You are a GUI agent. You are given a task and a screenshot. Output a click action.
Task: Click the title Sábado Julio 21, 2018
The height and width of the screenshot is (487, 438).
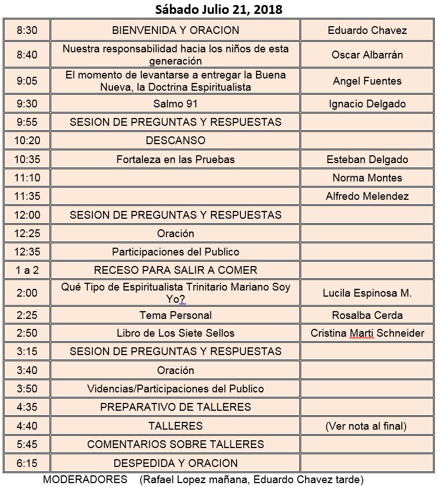219,9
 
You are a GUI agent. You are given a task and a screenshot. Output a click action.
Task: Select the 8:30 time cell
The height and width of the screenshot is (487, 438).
27,31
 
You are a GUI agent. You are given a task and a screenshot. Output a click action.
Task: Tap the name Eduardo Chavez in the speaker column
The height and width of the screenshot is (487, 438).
367,31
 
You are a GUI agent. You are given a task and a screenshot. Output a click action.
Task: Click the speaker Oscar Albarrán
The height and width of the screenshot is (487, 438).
367,55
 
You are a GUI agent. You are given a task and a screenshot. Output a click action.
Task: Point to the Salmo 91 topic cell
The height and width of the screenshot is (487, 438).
175,104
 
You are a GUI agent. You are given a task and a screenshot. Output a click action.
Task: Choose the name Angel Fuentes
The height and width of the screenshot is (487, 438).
367,81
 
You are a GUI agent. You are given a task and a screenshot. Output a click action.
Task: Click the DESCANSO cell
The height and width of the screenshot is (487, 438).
175,140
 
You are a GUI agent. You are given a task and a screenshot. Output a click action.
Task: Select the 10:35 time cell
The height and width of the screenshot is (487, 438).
27,159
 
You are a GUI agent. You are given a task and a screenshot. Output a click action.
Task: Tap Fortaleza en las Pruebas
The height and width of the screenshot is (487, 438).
175,159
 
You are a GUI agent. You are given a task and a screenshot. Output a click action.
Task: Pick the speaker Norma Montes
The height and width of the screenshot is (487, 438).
367,178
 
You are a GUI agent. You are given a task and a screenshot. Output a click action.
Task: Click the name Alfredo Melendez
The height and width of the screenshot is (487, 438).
367,196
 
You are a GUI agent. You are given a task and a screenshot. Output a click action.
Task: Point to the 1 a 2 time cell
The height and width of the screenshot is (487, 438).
27,270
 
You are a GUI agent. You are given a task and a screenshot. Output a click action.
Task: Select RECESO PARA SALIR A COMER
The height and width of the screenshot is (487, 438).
175,270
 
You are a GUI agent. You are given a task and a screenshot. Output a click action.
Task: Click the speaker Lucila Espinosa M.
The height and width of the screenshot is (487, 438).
367,293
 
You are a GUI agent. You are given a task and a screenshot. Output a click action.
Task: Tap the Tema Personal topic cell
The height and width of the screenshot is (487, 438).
175,315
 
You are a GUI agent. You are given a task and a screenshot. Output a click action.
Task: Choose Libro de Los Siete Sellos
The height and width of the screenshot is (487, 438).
175,333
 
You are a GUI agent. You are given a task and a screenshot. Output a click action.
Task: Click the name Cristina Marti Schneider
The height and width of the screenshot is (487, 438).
367,333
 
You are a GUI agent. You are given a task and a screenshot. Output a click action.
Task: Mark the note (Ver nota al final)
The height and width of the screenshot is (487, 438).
367,426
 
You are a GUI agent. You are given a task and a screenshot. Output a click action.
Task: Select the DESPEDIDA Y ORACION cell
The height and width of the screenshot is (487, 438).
175,463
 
